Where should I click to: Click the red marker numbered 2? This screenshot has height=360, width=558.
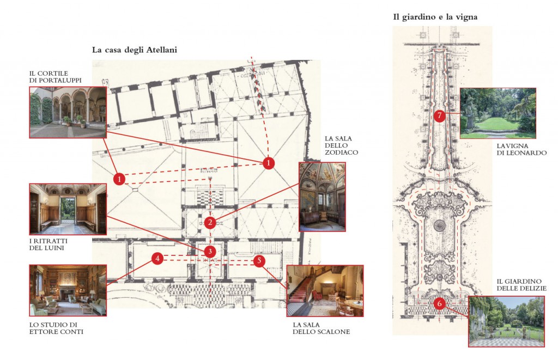(210, 222)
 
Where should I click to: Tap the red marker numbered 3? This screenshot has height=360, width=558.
(210, 252)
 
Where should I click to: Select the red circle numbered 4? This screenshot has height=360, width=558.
(157, 259)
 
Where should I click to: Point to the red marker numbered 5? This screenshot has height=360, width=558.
(258, 261)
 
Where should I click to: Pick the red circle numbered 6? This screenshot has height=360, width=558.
(440, 304)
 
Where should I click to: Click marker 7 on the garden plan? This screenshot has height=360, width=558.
(440, 115)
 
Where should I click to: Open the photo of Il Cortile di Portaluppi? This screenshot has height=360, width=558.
(68, 112)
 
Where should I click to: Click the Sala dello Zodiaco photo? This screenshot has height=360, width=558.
(322, 197)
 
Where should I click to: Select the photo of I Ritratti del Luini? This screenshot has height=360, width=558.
(68, 209)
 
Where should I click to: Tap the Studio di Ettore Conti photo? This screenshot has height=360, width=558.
(68, 290)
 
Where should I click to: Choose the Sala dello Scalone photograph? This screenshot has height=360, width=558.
(324, 290)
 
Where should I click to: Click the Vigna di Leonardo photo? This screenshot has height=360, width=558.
(498, 113)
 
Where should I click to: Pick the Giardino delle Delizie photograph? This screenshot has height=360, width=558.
(506, 321)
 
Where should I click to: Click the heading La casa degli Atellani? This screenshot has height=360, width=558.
(135, 50)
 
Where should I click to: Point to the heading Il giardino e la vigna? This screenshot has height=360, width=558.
(435, 17)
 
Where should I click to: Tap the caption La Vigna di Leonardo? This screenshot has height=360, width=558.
(521, 150)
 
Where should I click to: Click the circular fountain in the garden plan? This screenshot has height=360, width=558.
(440, 225)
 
